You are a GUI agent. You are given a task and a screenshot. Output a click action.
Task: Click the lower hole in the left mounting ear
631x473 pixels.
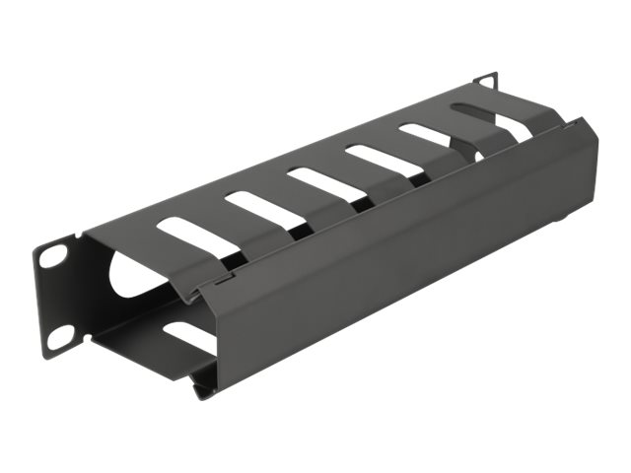(56, 335)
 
